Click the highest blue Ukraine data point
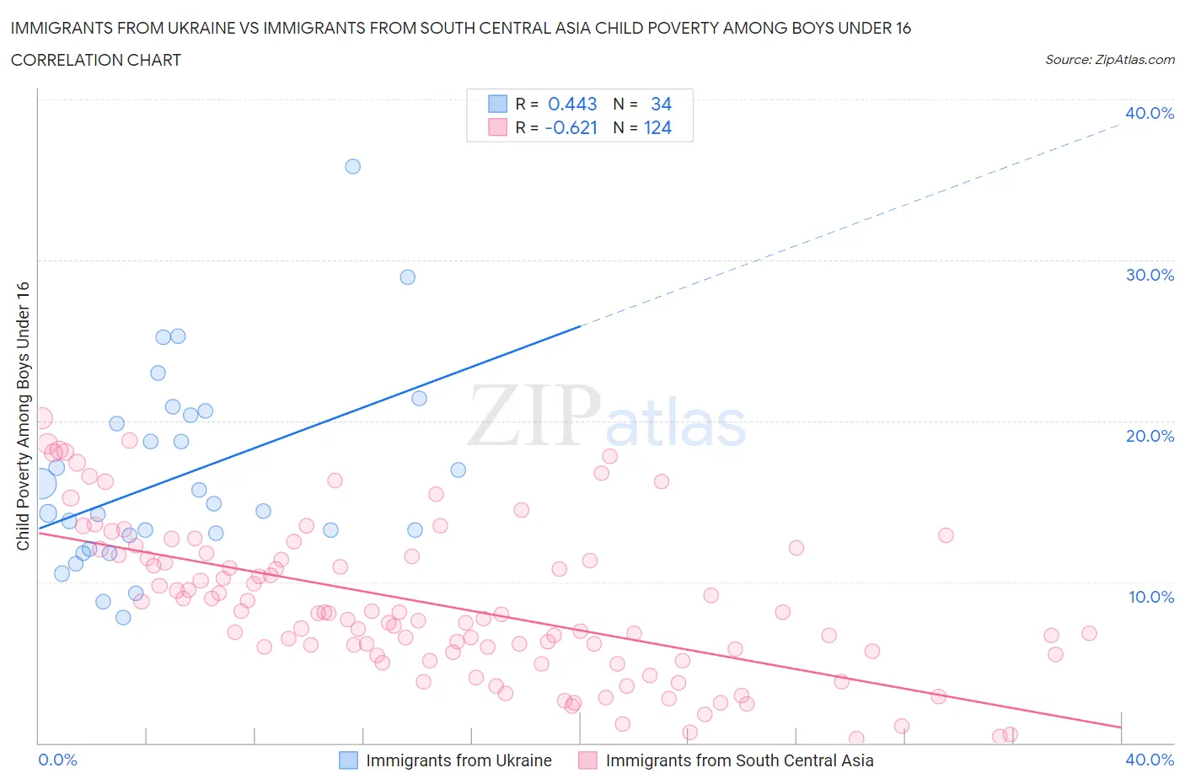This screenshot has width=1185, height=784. pyautogui.click(x=352, y=166)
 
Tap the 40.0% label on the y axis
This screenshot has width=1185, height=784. pyautogui.click(x=1149, y=113)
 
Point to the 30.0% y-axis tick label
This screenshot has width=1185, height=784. pyautogui.click(x=1149, y=275)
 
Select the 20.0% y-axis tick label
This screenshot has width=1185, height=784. pyautogui.click(x=1149, y=436)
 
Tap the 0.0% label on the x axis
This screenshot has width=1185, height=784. pyautogui.click(x=57, y=760)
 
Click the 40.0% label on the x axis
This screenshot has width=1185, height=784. pyautogui.click(x=1150, y=760)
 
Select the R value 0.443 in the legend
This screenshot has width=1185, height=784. pyautogui.click(x=572, y=104)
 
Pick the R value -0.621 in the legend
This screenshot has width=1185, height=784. pyautogui.click(x=571, y=127)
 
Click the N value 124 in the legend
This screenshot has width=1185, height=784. pyautogui.click(x=657, y=127)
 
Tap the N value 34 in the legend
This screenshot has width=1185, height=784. pyautogui.click(x=661, y=104)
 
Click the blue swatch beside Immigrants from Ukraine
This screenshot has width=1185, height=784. pyautogui.click(x=349, y=760)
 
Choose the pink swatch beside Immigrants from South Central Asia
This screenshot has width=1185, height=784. pyautogui.click(x=588, y=760)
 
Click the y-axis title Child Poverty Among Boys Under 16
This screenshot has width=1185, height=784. pyautogui.click(x=23, y=416)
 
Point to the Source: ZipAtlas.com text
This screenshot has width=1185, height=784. pyautogui.click(x=1109, y=59)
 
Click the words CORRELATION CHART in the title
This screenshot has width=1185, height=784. pyautogui.click(x=96, y=60)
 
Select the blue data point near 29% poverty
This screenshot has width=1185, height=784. pyautogui.click(x=407, y=277)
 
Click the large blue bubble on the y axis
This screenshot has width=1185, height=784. pyautogui.click(x=39, y=484)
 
